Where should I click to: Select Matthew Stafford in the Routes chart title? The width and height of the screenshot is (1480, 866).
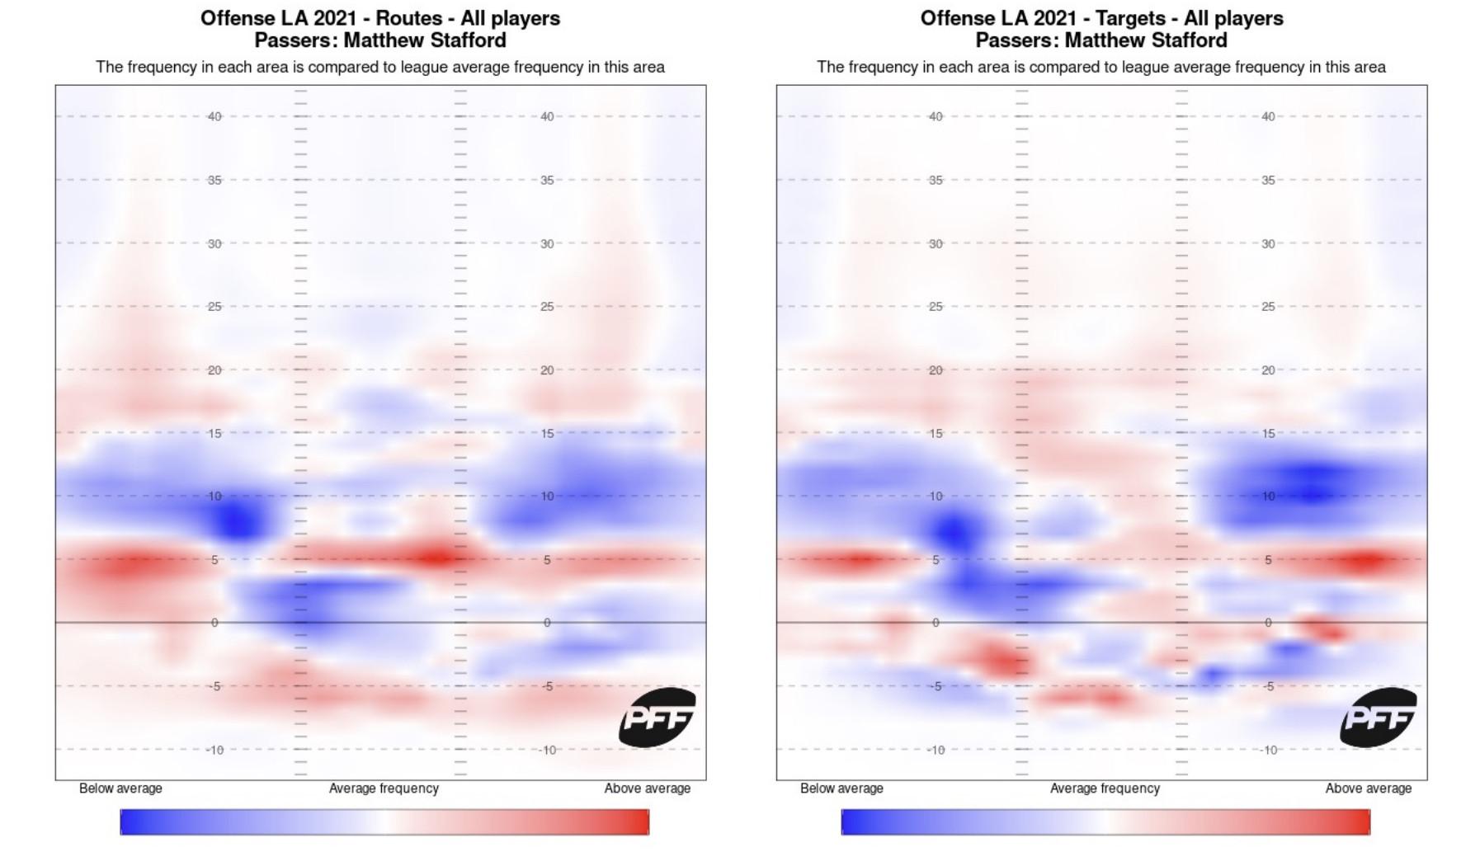425,40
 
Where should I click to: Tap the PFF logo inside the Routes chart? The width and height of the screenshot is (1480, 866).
658,718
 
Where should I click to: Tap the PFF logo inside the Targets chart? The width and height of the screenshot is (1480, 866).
1379,718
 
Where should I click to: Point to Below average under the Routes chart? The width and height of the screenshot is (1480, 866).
120,788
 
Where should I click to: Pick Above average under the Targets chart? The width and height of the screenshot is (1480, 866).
1368,788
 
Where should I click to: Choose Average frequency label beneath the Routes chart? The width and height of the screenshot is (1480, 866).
384,788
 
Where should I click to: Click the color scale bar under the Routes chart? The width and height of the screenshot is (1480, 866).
384,821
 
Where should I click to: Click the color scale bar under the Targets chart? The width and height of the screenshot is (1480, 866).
1105,821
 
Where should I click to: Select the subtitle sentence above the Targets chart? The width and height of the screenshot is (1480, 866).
1101,67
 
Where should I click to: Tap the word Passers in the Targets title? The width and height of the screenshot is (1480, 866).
1016,40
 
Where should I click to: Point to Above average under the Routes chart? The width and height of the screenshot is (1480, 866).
647,788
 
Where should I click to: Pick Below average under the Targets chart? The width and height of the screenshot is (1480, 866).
841,788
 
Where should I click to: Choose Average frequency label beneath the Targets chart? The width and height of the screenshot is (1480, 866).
1105,788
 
